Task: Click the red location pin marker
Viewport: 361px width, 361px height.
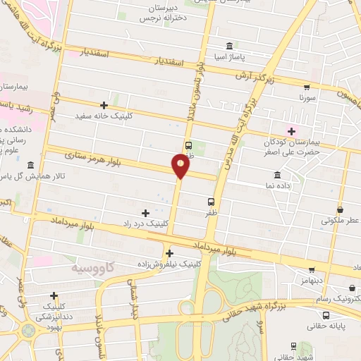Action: pos(180,166)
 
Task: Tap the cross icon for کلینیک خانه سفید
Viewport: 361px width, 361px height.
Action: pos(104,104)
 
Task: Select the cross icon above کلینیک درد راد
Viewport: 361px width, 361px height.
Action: pos(146,212)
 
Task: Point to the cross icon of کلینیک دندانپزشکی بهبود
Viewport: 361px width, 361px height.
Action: pos(54,295)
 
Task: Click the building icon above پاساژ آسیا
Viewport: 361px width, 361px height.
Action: pos(229,44)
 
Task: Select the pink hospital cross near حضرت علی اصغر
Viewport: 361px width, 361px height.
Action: pos(289,130)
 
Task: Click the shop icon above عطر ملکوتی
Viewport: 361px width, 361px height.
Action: pos(341,209)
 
